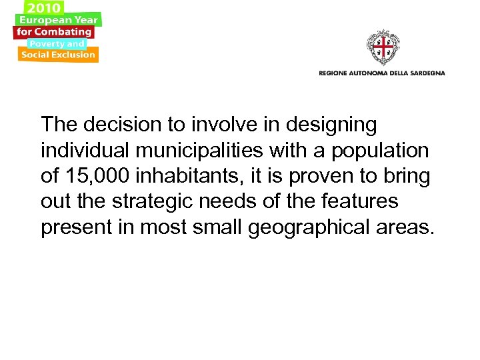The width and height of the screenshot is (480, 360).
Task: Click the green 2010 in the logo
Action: [x=43, y=7]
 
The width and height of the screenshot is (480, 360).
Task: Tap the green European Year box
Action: [x=59, y=20]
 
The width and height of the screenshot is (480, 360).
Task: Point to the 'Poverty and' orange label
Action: [x=56, y=44]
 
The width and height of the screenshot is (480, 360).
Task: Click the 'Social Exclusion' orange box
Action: [x=58, y=55]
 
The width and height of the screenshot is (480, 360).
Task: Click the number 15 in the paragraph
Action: [x=75, y=177]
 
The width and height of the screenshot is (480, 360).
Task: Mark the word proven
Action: [x=331, y=177]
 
